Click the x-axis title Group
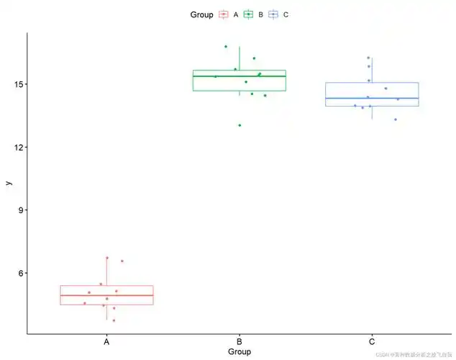pyautogui.click(x=239, y=352)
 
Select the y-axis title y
pyautogui.click(x=8, y=183)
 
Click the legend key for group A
pyautogui.click(x=224, y=14)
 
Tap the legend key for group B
pyautogui.click(x=249, y=14)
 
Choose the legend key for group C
pyautogui.click(x=274, y=14)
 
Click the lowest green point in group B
pyautogui.click(x=240, y=125)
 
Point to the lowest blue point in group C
pyautogui.click(x=395, y=120)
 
